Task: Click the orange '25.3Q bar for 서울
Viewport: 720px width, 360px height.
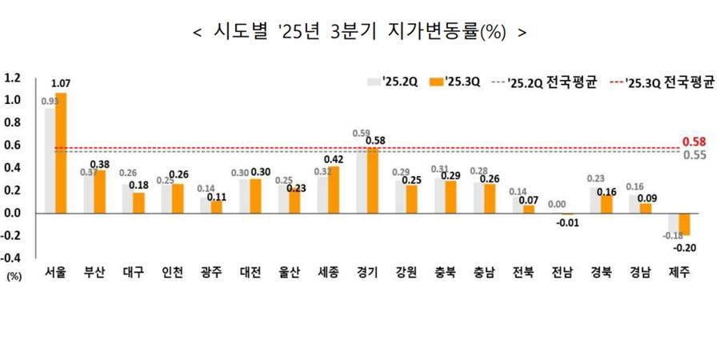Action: point(61,153)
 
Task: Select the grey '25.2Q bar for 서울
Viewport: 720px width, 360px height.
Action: point(50,160)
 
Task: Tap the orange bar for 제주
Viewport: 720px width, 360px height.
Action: point(684,223)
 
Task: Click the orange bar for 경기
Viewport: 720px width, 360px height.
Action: point(373,180)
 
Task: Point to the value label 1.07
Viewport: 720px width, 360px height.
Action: point(61,83)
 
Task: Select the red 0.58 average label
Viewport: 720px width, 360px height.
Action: point(694,142)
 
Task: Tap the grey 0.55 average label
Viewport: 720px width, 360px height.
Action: point(694,155)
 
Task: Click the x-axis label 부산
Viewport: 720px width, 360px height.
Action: point(95,272)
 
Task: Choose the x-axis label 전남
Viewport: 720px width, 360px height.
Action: point(562,272)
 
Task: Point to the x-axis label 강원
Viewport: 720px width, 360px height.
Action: point(406,272)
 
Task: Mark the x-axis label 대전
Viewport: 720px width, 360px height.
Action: point(251,272)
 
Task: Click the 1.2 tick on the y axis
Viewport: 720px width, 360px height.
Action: point(12,78)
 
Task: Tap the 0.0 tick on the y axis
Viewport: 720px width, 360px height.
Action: point(12,213)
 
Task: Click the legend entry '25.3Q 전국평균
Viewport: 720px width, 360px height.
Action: point(670,82)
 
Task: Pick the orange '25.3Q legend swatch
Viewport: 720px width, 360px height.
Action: point(436,82)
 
